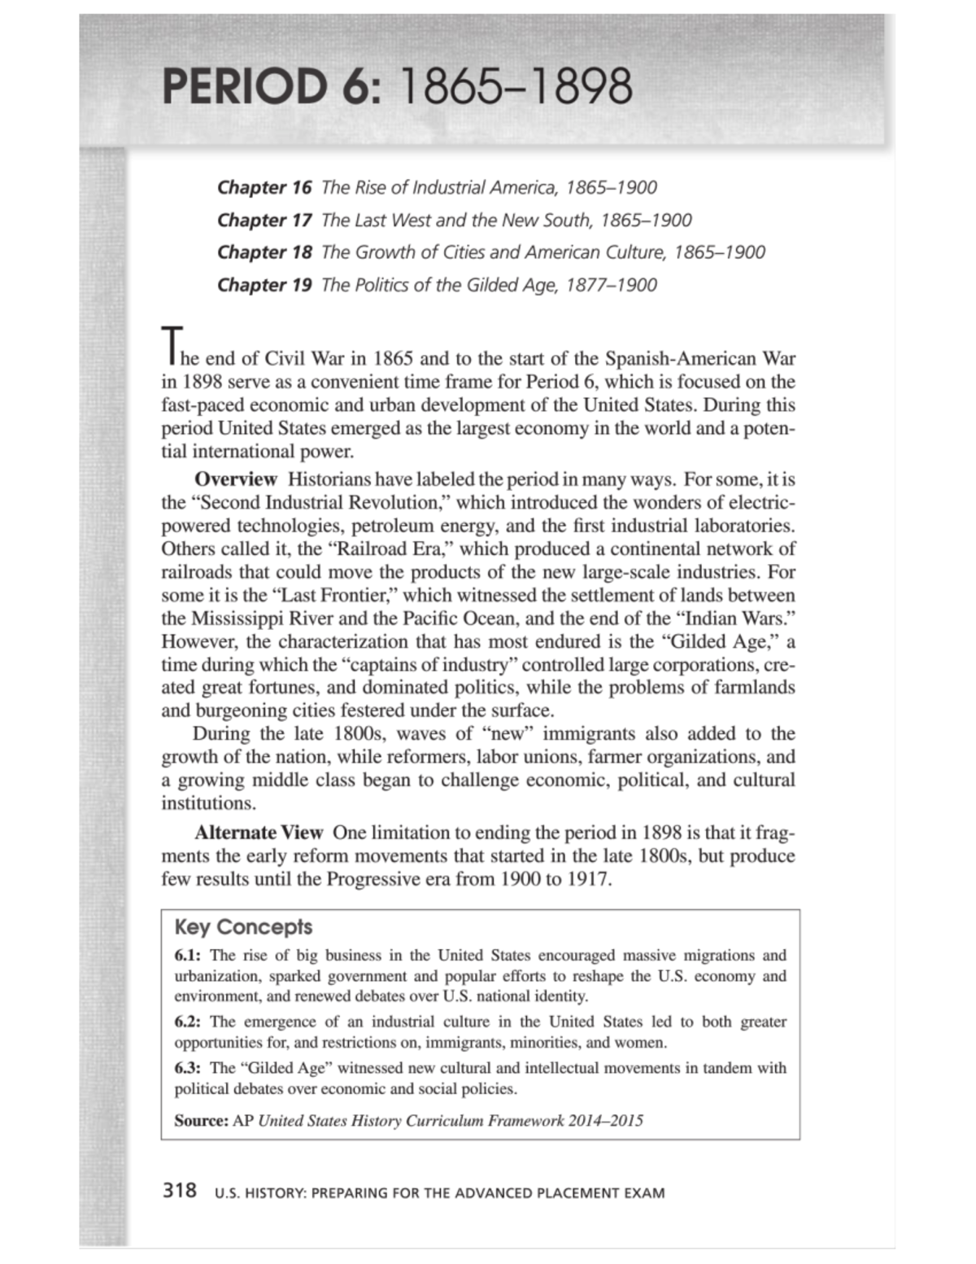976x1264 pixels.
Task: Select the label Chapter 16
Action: click(x=264, y=187)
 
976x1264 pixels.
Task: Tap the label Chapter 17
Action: click(x=264, y=220)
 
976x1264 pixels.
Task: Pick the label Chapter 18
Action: click(x=264, y=252)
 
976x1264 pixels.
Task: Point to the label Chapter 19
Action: click(x=264, y=285)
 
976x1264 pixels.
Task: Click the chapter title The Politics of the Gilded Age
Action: click(x=440, y=285)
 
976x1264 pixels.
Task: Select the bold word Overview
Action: click(x=236, y=479)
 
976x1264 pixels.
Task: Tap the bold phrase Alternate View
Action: click(x=259, y=833)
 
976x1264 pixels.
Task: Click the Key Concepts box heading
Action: click(x=243, y=927)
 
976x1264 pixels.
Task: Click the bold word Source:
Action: click(x=201, y=1121)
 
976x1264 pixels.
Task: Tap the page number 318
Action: click(x=180, y=1191)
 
